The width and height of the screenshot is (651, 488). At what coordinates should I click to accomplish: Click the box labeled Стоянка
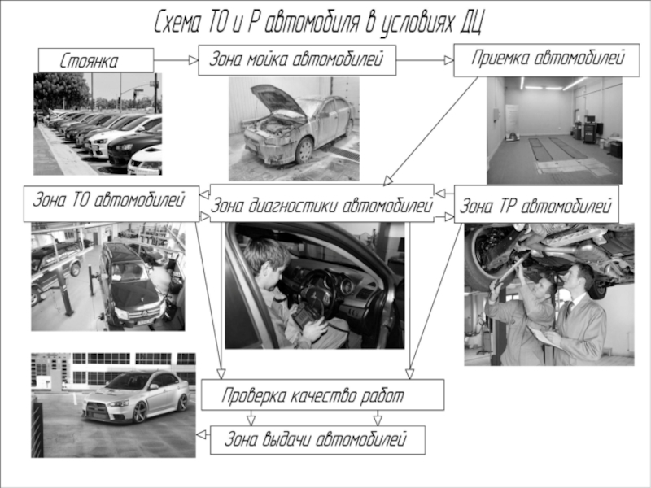pyautogui.click(x=96, y=60)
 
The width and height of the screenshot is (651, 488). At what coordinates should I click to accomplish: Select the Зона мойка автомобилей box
pyautogui.click(x=297, y=60)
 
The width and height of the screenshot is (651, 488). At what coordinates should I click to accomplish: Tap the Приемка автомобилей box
pyautogui.click(x=546, y=60)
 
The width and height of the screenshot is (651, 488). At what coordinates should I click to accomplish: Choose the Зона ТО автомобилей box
pyautogui.click(x=111, y=203)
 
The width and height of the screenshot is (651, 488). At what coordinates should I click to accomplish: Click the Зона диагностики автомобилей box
pyautogui.click(x=321, y=203)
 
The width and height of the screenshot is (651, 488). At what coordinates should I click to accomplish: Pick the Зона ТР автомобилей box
pyautogui.click(x=536, y=204)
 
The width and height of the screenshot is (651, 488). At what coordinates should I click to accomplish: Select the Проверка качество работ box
pyautogui.click(x=322, y=394)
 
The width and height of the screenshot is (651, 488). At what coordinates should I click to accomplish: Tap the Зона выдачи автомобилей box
pyautogui.click(x=317, y=440)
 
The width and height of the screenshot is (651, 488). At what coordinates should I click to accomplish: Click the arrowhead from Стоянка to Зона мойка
pyautogui.click(x=193, y=60)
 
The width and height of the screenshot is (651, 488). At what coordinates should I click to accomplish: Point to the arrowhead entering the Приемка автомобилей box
pyautogui.click(x=449, y=60)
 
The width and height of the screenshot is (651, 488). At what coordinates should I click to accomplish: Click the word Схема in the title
pyautogui.click(x=178, y=22)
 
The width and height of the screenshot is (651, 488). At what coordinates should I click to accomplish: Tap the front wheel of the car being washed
pyautogui.click(x=304, y=150)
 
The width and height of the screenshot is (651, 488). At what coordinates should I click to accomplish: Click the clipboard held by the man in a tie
pyautogui.click(x=544, y=335)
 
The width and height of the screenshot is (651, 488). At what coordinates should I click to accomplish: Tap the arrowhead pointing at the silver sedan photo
pyautogui.click(x=201, y=435)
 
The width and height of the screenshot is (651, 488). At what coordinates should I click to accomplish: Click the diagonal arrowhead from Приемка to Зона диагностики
pyautogui.click(x=389, y=181)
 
